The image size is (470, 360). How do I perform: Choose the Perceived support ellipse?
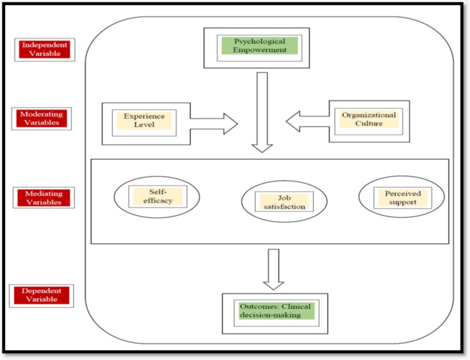(x=402, y=197)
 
